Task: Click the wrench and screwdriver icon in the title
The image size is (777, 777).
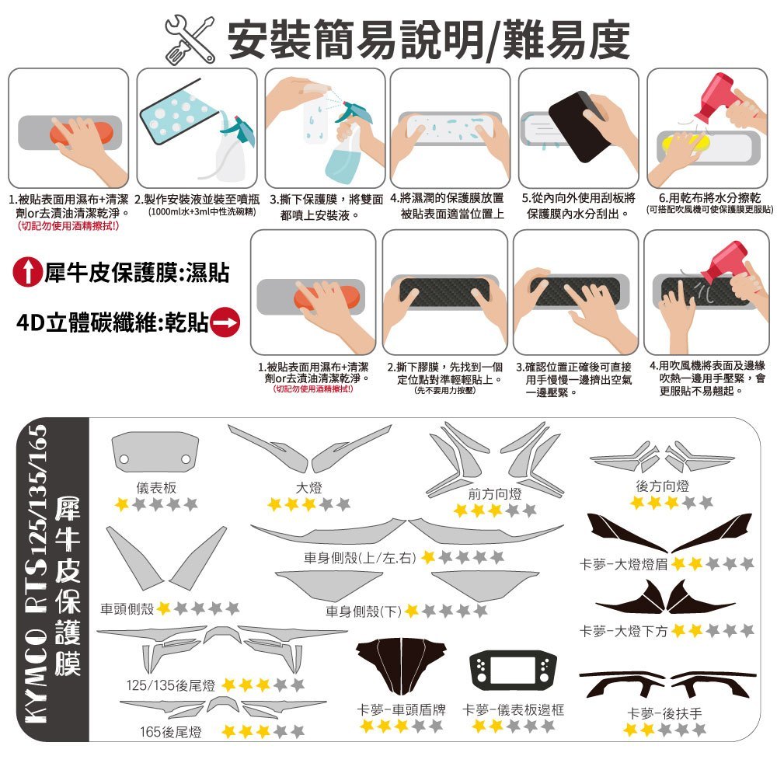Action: [190, 40]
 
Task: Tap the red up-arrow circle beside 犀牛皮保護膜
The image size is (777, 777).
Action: [26, 271]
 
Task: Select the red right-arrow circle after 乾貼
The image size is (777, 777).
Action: [225, 322]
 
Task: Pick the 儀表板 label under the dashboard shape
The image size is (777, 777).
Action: [156, 488]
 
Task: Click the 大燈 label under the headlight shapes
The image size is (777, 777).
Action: [308, 488]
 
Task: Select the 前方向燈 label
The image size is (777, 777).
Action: [494, 493]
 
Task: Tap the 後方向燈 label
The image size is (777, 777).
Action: [663, 486]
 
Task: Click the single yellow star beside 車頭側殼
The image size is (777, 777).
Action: [164, 608]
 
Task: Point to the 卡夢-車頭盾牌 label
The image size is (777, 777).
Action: [401, 709]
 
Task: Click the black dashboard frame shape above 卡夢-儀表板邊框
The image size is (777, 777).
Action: [513, 671]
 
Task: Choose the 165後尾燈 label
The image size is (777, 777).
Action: [171, 731]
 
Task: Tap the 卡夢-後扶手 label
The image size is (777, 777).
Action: [664, 713]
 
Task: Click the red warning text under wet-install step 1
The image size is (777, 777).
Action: [68, 226]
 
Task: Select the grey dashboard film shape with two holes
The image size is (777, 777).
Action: [155, 452]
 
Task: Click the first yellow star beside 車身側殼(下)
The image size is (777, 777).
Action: [412, 611]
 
